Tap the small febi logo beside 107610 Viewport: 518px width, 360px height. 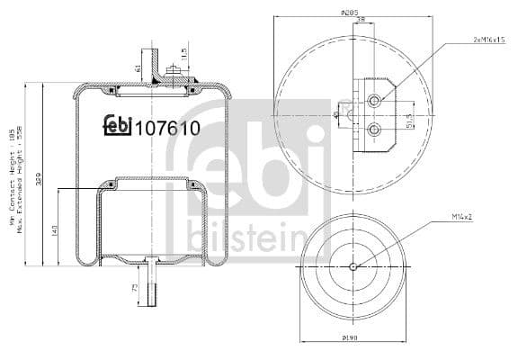117,126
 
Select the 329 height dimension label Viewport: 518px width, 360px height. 39,179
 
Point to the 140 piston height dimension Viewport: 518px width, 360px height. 55,232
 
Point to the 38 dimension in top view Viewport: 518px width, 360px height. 360,22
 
